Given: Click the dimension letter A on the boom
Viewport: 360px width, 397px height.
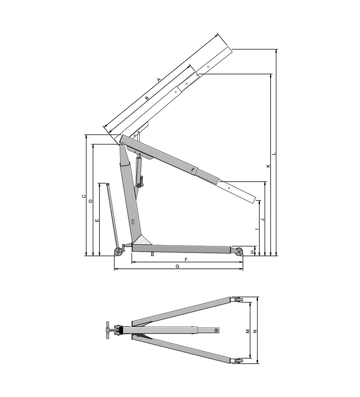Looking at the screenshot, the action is point(159,80).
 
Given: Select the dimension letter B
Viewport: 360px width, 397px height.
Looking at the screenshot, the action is point(147,98).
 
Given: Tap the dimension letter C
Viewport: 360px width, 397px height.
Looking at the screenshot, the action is point(84,196).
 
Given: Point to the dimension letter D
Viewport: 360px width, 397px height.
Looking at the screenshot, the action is point(91,201).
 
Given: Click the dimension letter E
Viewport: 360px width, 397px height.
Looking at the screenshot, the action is point(97,221).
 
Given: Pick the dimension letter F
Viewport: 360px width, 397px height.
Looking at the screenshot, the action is point(186,260).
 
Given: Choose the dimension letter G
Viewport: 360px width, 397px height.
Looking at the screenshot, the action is point(177,266).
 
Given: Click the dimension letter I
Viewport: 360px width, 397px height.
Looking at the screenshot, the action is point(257,229).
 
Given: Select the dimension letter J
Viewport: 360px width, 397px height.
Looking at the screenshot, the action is point(262,219).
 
